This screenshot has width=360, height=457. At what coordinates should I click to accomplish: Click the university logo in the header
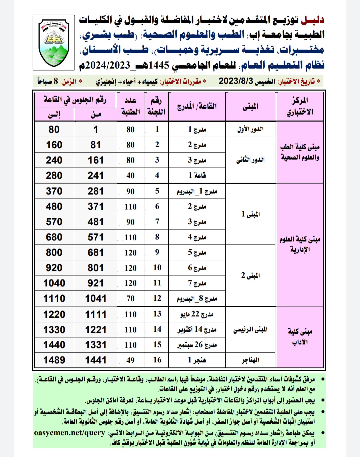pyautogui.click(x=54, y=42)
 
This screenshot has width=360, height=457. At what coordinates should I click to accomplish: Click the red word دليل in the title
pyautogui.click(x=312, y=20)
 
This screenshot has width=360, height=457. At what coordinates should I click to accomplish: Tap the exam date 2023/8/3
pyautogui.click(x=236, y=81)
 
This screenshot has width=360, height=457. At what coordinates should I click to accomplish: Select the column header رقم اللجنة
pyautogui.click(x=156, y=106)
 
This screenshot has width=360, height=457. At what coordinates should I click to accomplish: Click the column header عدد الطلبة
pyautogui.click(x=130, y=106)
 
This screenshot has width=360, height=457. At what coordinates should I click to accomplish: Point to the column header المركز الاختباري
pyautogui.click(x=299, y=106)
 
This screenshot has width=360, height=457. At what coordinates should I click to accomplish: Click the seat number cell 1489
pyautogui.click(x=54, y=360)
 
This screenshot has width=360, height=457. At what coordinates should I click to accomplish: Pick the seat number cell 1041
pyautogui.click(x=96, y=298)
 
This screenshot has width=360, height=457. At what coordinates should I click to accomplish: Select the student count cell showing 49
pyautogui.click(x=130, y=360)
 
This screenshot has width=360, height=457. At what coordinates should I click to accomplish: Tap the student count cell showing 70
pyautogui.click(x=130, y=298)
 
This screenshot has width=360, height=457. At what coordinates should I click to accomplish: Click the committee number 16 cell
pyautogui.click(x=157, y=360)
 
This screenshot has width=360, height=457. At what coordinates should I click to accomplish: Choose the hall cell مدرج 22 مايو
pyautogui.click(x=197, y=314)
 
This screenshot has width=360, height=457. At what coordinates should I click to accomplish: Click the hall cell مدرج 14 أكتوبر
pyautogui.click(x=197, y=329)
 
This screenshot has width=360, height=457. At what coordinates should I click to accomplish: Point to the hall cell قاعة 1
pyautogui.click(x=197, y=175)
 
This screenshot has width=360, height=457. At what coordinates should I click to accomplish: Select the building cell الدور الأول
pyautogui.click(x=250, y=129)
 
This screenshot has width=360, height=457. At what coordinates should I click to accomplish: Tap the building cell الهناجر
pyautogui.click(x=250, y=360)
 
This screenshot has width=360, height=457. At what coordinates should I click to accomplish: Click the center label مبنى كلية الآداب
pyautogui.click(x=300, y=337)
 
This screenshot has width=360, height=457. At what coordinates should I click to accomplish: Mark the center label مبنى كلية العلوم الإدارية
pyautogui.click(x=300, y=244)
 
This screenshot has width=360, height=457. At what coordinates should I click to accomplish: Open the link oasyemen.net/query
pyautogui.click(x=70, y=433)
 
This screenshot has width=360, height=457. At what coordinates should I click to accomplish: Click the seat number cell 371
pyautogui.click(x=96, y=207)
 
